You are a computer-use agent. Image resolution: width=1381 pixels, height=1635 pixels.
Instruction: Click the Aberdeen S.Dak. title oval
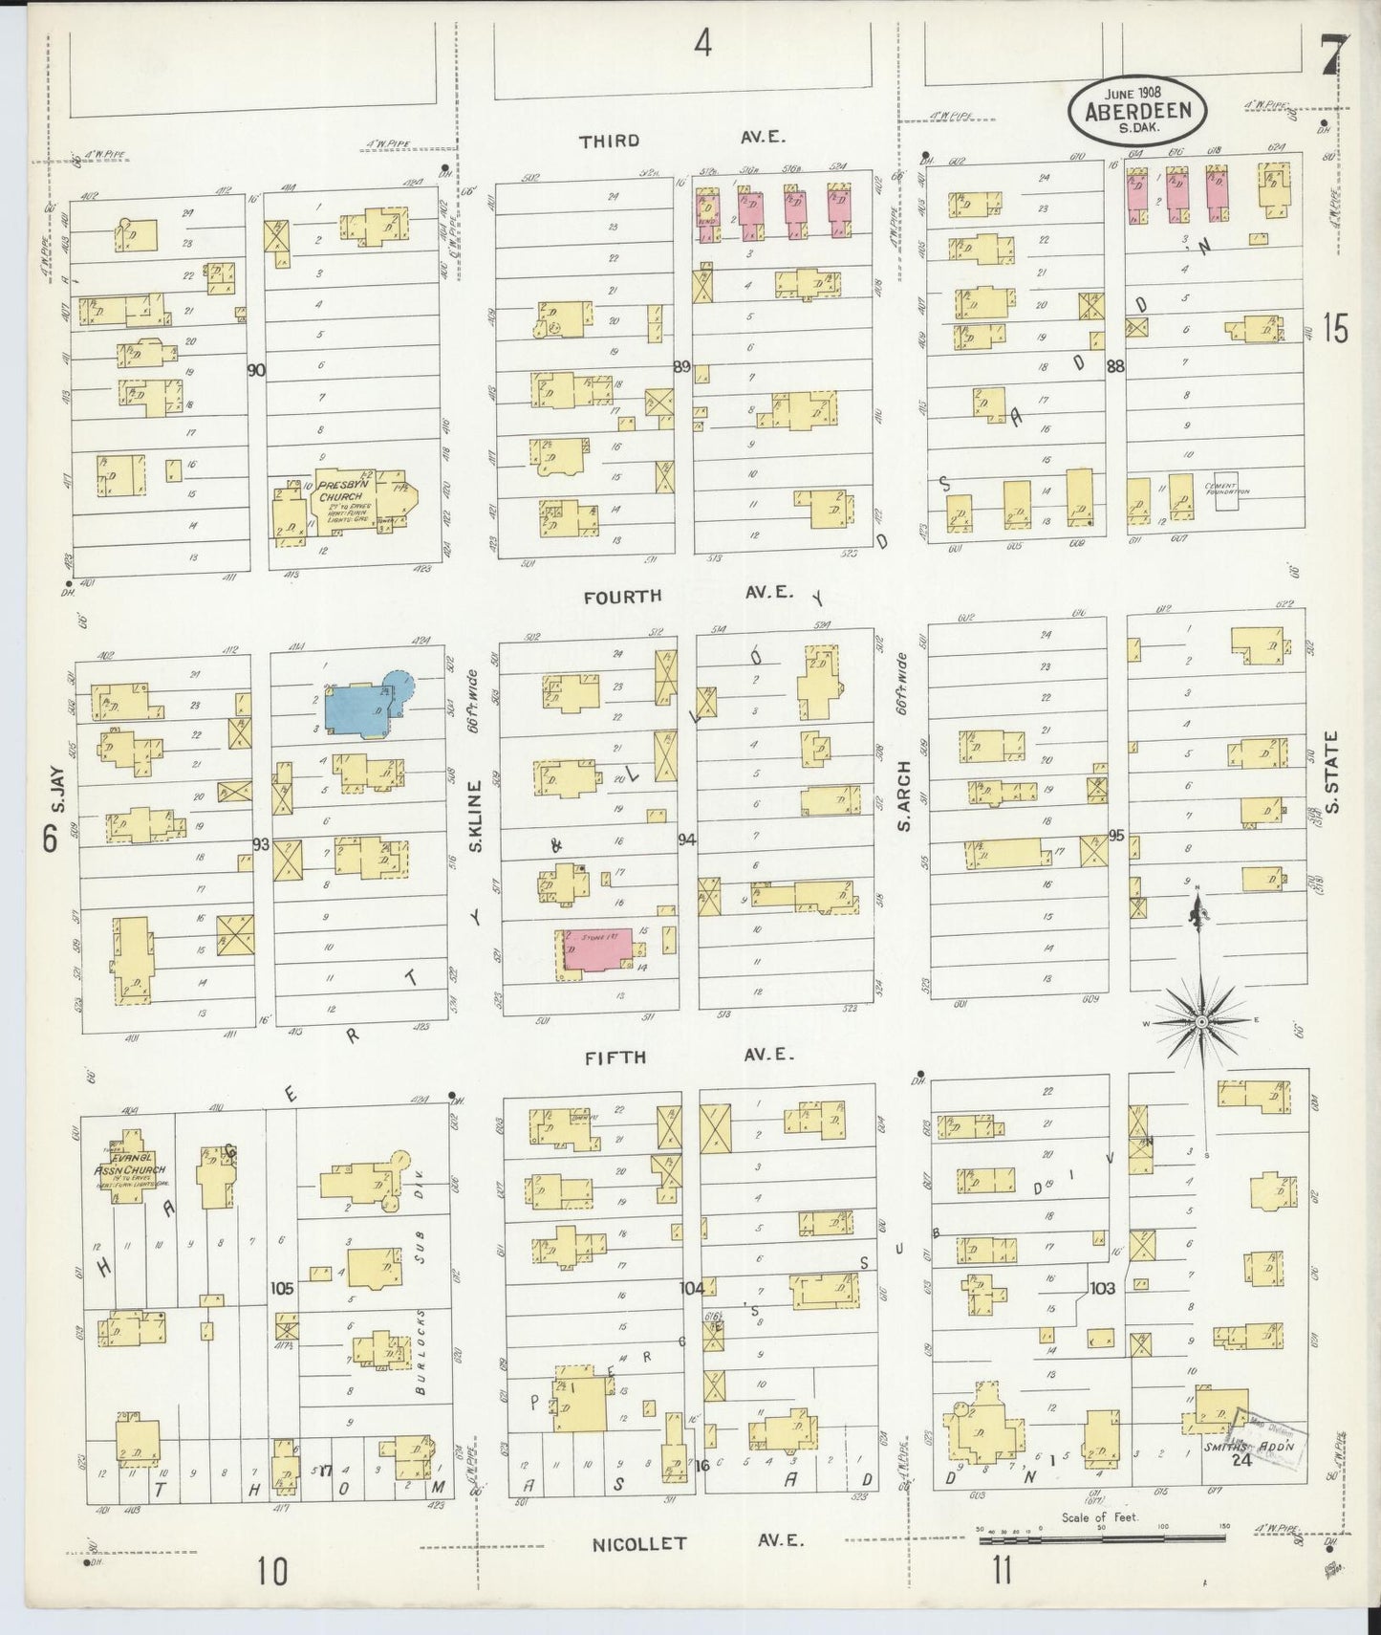[x=1137, y=110]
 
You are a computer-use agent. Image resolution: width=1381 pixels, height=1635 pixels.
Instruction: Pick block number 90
[x=255, y=369]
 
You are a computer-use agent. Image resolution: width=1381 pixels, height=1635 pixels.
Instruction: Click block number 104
[x=691, y=1287]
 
